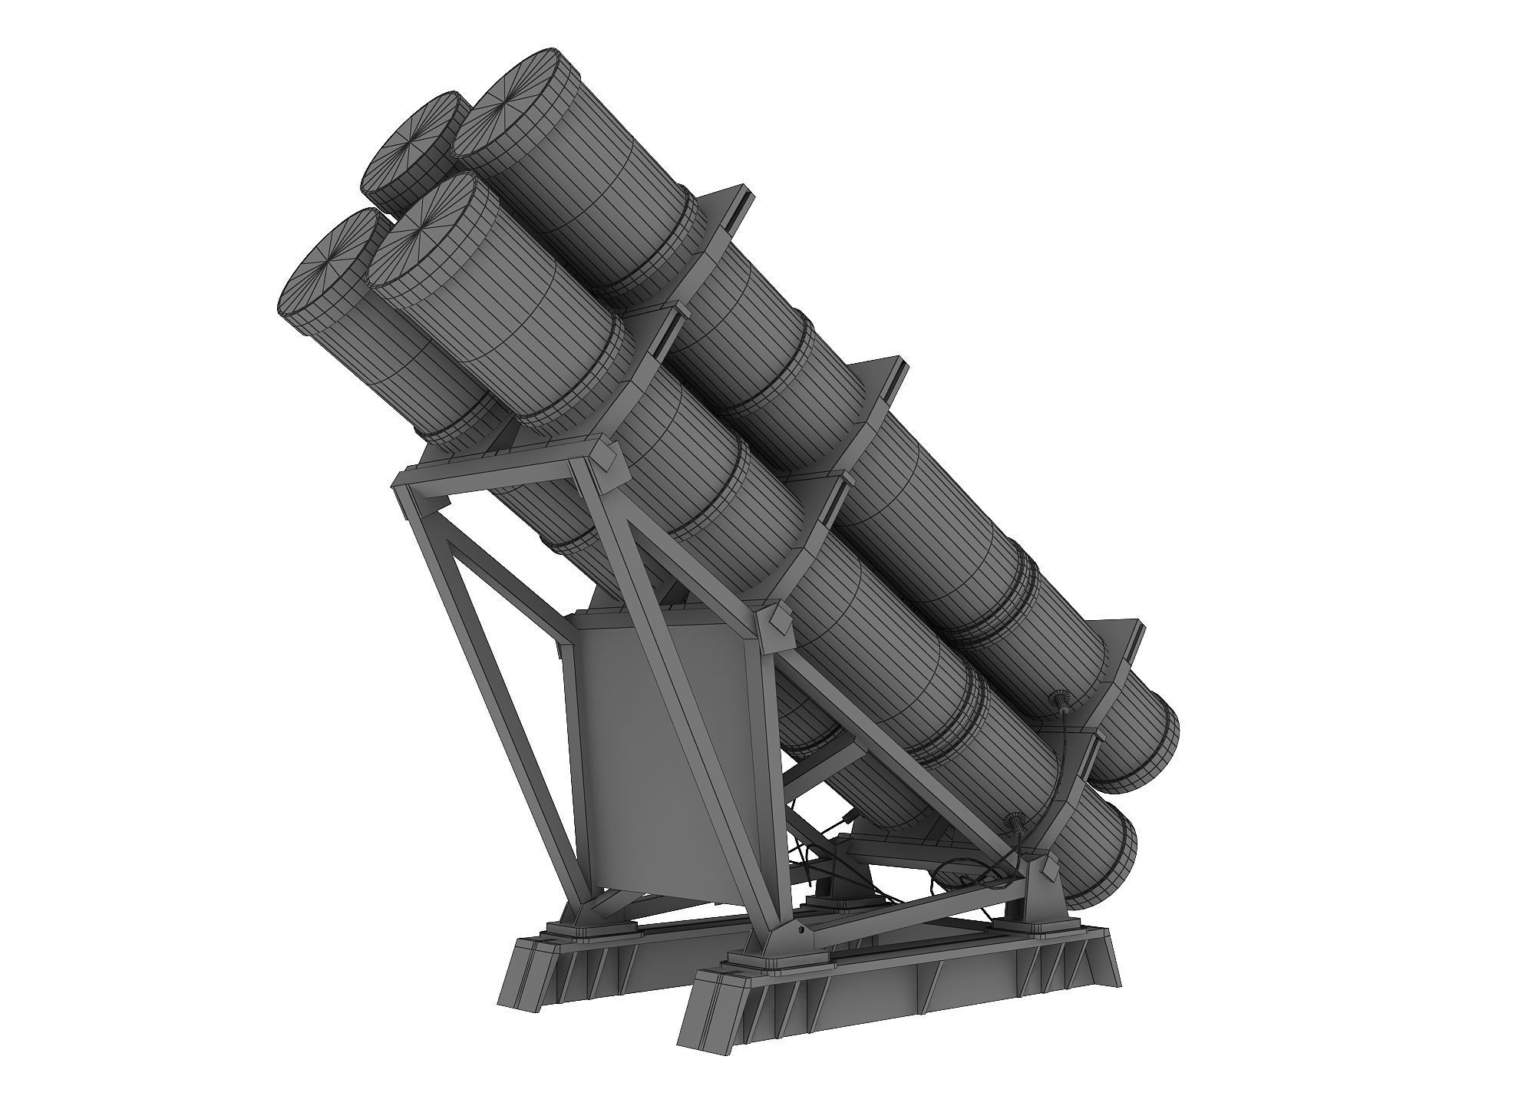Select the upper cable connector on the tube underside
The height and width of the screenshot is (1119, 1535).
click(x=1060, y=701)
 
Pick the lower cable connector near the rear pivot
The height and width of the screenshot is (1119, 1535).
click(x=1018, y=823)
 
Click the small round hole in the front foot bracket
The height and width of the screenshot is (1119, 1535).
click(x=801, y=929)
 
